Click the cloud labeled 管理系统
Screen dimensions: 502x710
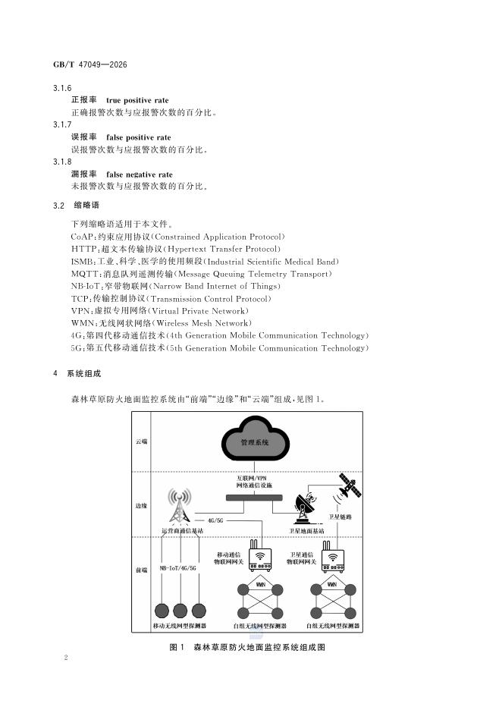(256, 438)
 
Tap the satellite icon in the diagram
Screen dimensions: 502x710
(350, 485)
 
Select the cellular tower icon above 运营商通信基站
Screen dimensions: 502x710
(180, 506)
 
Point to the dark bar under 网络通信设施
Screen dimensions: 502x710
(254, 498)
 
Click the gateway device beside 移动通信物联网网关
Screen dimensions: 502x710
(260, 556)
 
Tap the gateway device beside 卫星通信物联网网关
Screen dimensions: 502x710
(333, 557)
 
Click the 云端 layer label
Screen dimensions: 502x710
(141, 441)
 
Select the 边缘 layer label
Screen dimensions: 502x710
(141, 505)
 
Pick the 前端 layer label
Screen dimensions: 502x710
(141, 570)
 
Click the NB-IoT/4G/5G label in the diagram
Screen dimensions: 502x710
(178, 568)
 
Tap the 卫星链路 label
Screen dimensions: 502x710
(340, 517)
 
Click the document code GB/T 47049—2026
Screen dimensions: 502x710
(90, 64)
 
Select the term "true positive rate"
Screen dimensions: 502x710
(137, 100)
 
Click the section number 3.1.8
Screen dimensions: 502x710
(62, 162)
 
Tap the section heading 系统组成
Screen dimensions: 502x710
(84, 373)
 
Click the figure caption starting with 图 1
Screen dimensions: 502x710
(247, 647)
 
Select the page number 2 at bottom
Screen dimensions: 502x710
(66, 658)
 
